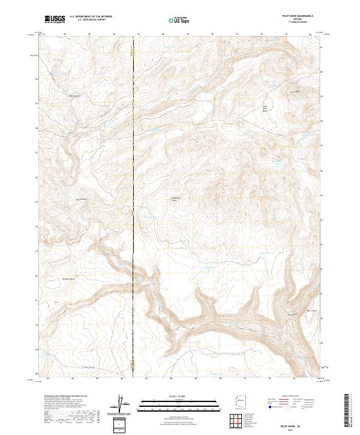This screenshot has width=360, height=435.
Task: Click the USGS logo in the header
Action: [54, 19]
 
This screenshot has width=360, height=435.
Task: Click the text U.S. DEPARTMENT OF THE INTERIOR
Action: [91, 17]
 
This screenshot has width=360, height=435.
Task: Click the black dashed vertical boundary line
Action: [133, 180]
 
